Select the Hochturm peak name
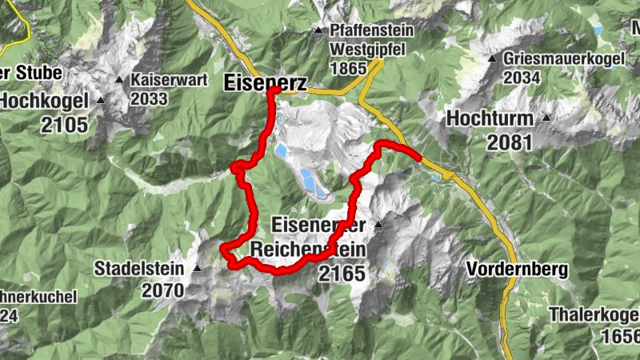tap(490, 118)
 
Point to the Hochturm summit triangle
tap(546, 118)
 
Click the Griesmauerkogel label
tap(558, 58)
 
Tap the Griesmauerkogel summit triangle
tap(495, 58)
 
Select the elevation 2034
tap(525, 78)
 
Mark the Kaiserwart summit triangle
tap(119, 80)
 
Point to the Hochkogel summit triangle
tap(101, 101)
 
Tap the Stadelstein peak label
tap(140, 268)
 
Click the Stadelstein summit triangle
tap(197, 268)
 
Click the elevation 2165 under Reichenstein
tap(341, 274)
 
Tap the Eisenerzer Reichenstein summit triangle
tap(378, 225)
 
